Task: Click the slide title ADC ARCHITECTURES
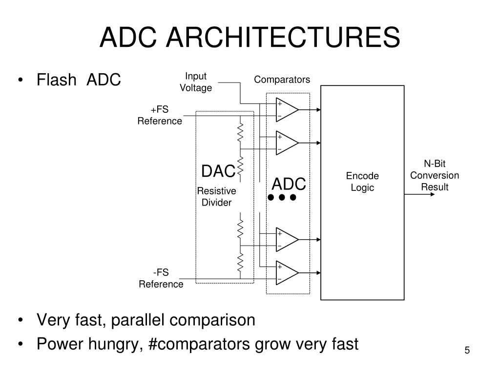point(250,38)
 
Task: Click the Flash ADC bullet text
point(79,79)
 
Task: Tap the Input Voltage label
point(196,82)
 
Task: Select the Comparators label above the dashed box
point(282,80)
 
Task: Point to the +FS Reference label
point(160,115)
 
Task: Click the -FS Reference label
point(161,279)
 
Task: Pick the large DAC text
point(218,172)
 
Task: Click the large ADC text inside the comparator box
point(289,185)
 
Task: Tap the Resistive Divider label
point(216,196)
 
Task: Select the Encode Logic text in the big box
point(362,182)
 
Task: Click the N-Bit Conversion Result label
point(435,175)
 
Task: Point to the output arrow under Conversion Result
point(420,194)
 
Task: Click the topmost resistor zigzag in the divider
point(240,131)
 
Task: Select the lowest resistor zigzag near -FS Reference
point(240,263)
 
